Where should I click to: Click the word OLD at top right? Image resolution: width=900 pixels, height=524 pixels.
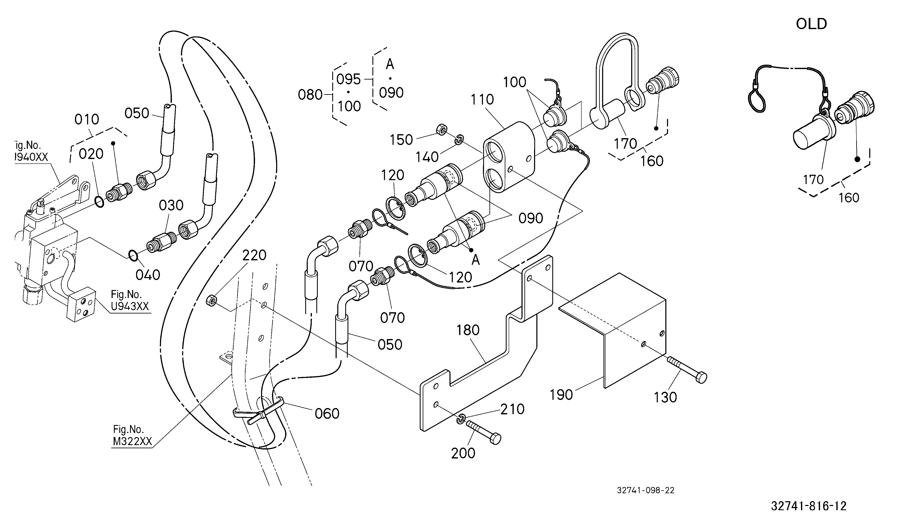click(x=811, y=24)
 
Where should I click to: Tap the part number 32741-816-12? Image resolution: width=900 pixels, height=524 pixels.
click(x=809, y=506)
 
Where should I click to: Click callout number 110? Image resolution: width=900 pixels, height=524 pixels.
click(x=482, y=100)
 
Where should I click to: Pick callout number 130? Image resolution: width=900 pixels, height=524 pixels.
click(x=665, y=397)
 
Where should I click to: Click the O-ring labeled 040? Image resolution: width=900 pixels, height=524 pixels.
click(x=133, y=255)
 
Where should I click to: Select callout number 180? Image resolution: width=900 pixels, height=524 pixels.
click(x=468, y=330)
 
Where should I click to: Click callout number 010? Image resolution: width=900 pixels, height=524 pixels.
click(x=87, y=119)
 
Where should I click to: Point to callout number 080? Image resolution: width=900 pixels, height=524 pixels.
click(x=310, y=95)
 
